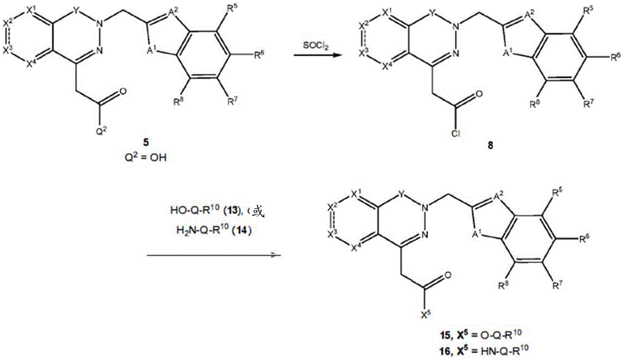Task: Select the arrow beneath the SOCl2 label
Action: (x=314, y=56)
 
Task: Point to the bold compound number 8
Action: (x=490, y=145)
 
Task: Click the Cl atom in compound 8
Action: (x=456, y=134)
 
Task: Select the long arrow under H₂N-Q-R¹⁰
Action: (x=214, y=255)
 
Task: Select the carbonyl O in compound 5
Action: (x=122, y=92)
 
